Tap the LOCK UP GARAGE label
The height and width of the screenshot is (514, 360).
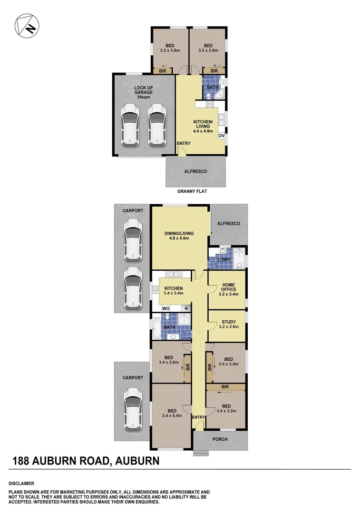[144, 91]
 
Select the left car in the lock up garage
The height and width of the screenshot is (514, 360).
[130, 125]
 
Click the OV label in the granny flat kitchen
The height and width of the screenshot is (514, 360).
[221, 136]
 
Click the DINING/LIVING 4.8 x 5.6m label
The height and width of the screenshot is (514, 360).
[179, 236]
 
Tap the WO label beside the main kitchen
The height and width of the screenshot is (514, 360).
[166, 308]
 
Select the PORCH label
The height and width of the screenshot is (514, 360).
[220, 439]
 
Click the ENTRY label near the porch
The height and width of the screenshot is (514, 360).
[197, 417]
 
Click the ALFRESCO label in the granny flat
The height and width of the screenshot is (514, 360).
[195, 171]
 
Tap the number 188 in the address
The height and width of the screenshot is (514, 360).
[22, 461]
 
